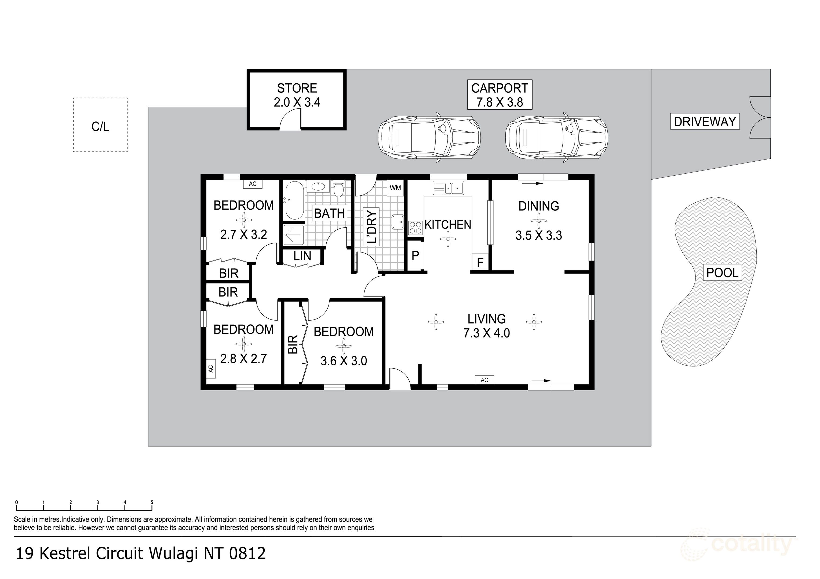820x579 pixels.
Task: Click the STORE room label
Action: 297,88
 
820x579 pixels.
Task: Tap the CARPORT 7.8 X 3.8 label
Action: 500,95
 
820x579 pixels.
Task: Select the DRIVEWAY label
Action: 705,122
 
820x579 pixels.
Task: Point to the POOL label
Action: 722,273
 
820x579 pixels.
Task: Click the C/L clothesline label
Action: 100,126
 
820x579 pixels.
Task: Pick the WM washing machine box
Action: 395,188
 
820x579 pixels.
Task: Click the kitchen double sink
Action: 448,188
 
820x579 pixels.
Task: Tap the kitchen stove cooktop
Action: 415,228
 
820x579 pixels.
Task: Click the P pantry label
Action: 415,255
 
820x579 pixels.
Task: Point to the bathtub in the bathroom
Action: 294,201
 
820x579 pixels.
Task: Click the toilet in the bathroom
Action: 338,188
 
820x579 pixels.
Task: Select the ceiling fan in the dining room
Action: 539,221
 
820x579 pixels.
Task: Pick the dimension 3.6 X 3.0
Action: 344,361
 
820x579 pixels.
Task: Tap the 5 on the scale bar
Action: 152,502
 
